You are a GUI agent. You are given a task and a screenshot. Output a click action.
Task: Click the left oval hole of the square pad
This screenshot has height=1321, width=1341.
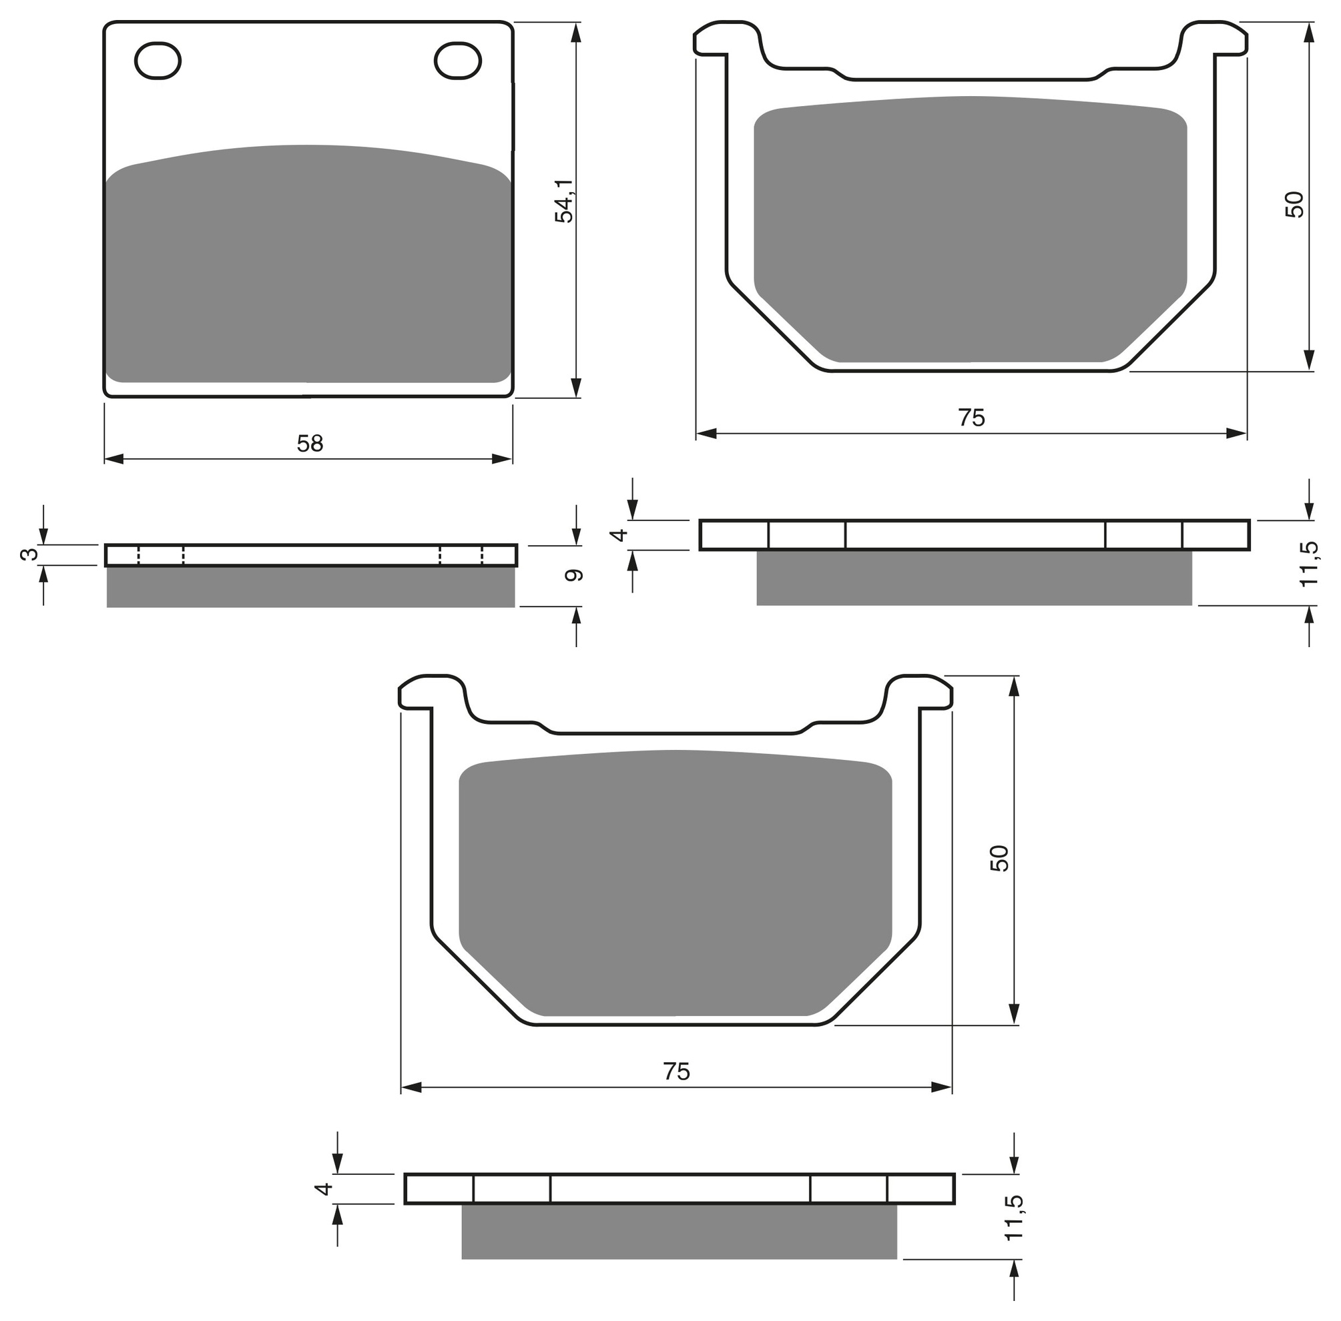tap(158, 61)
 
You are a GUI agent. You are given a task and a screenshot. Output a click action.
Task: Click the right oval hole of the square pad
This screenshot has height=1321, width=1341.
tap(458, 61)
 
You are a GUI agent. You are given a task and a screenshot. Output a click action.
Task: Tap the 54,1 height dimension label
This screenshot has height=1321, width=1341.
tap(564, 201)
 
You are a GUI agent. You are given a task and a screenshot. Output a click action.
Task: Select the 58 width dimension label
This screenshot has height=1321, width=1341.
tap(310, 444)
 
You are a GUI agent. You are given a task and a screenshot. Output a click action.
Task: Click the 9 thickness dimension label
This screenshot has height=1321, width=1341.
tap(574, 575)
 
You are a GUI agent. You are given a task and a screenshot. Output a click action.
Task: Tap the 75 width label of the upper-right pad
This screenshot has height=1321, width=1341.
tap(972, 418)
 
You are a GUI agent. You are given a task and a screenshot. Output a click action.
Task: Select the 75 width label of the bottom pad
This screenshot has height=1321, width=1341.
tap(677, 1072)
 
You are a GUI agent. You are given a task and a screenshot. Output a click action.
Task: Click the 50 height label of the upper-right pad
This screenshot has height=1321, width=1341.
tap(1294, 204)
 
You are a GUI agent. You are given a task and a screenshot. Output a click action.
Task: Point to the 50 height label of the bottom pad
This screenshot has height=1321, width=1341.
tap(999, 858)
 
